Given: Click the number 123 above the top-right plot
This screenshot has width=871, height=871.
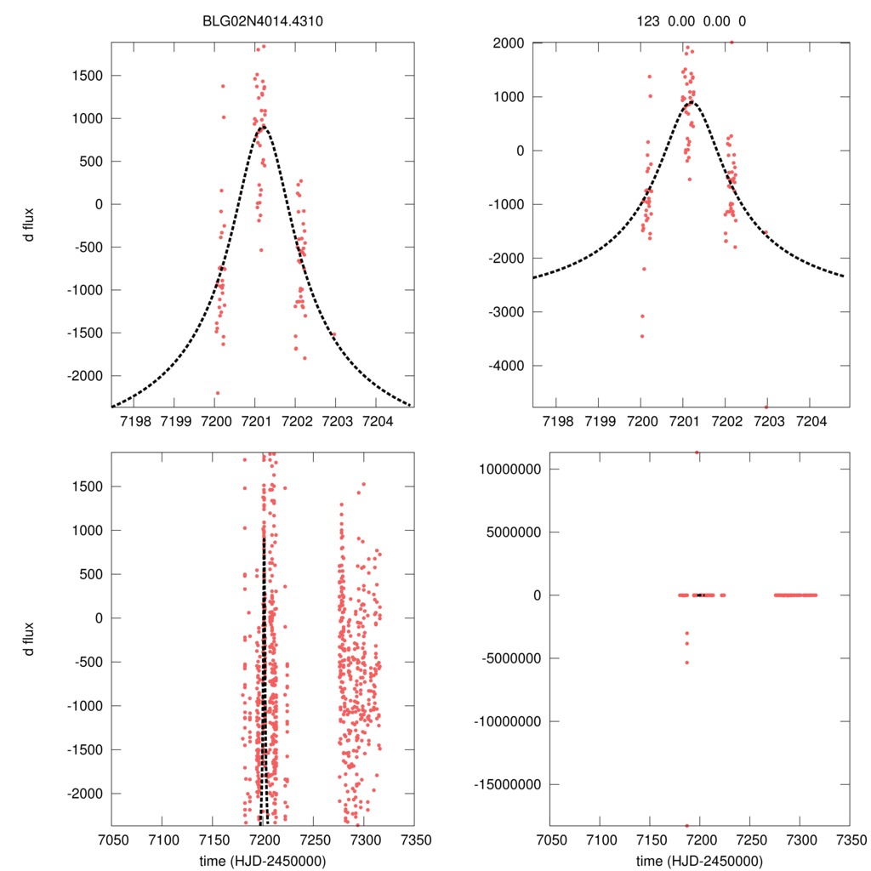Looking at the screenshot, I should pos(648,20).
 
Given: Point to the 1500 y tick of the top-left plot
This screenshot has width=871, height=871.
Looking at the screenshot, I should pos(86,76).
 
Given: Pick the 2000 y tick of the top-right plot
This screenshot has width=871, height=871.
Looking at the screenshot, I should pos(508,43).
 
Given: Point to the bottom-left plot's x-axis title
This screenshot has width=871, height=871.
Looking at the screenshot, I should pos(263,860).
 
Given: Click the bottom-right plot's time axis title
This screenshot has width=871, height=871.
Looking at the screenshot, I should pos(700,860).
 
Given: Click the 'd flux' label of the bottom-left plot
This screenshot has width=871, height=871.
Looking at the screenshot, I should pos(30,639).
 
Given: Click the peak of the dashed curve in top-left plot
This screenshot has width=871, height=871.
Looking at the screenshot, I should pos(264,127).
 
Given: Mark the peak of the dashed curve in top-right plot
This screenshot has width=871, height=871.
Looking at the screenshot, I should pos(692,102).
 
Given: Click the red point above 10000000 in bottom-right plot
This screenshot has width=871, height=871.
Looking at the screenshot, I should pos(697,453).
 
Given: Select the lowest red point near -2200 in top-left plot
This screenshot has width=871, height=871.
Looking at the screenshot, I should pos(218,393).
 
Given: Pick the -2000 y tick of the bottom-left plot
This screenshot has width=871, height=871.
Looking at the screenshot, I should pos(86,794).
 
